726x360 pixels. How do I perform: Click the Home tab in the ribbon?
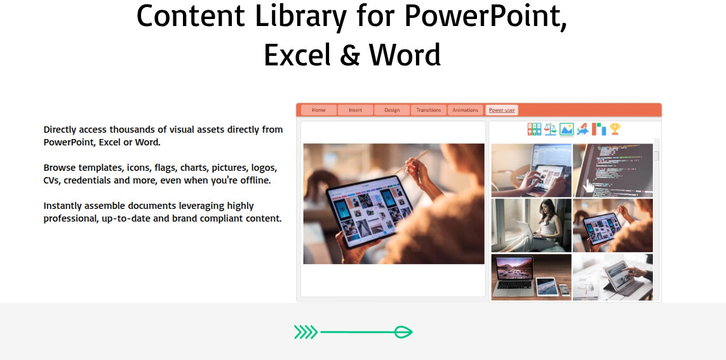pos(319,110)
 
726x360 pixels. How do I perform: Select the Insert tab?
pos(355,110)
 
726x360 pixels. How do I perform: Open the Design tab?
pos(392,110)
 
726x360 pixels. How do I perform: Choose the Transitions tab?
pos(428,110)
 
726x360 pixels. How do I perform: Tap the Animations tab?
pos(466,110)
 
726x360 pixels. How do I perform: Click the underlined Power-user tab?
pos(501,110)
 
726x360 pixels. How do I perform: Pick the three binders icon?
pos(534,129)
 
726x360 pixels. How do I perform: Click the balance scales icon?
pos(550,129)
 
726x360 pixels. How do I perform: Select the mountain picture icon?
pos(567,129)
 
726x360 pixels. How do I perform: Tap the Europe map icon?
pos(582,129)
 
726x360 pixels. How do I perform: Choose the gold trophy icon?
pos(615,129)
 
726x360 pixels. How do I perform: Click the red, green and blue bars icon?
pos(599,129)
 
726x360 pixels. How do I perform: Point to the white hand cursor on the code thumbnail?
pos(589,186)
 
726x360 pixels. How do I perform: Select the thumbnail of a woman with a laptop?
pos(531,225)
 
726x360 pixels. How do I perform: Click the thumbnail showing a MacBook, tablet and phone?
pos(531,277)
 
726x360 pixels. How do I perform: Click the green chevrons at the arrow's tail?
pos(306,332)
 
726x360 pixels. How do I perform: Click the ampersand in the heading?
pos(351,55)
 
